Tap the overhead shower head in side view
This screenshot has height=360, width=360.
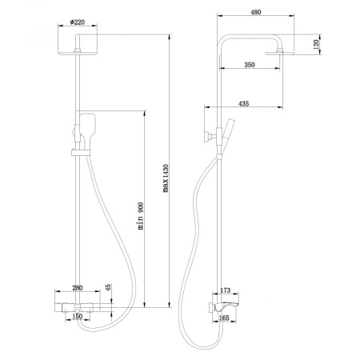pos(287,52)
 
